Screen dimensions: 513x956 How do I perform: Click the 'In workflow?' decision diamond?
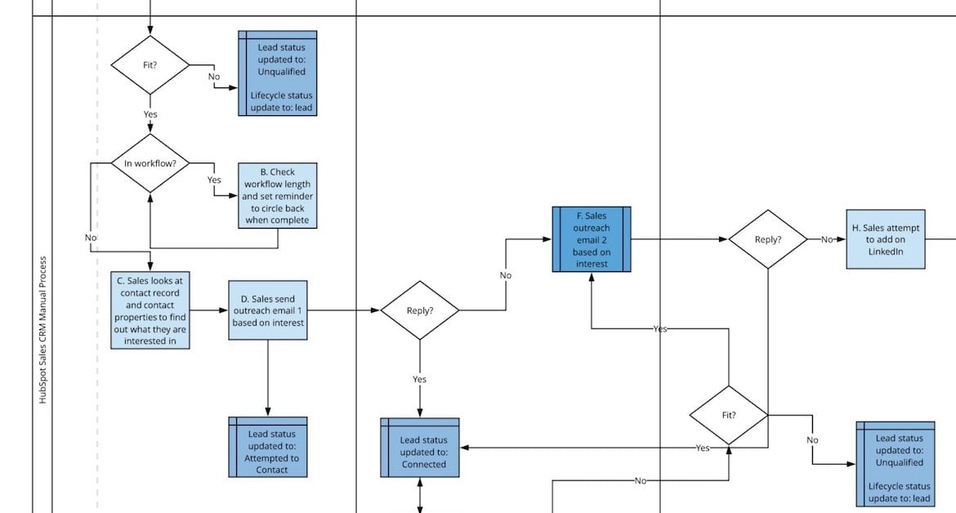point(150,163)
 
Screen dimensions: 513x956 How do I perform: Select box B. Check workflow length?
point(278,196)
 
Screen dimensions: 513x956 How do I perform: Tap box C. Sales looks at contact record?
point(150,310)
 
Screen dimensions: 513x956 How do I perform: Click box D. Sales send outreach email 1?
point(268,310)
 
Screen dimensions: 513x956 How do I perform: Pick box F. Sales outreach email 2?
point(592,239)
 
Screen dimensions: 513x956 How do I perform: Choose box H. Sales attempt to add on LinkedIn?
point(886,239)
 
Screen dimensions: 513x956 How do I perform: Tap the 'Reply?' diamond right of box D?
point(420,310)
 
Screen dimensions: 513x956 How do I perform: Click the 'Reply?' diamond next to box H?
point(768,239)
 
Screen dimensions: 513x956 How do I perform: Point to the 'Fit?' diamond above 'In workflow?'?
point(150,65)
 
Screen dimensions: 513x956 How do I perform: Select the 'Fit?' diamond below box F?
point(729,415)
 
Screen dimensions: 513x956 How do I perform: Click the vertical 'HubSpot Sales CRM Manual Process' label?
point(43,330)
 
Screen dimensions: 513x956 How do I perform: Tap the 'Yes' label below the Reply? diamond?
point(420,380)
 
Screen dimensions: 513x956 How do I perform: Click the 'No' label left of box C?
point(91,238)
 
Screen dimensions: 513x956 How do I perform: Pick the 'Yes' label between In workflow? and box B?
point(214,180)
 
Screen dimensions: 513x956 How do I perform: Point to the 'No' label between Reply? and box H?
point(827,239)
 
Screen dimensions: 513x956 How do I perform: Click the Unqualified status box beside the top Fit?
point(278,74)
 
